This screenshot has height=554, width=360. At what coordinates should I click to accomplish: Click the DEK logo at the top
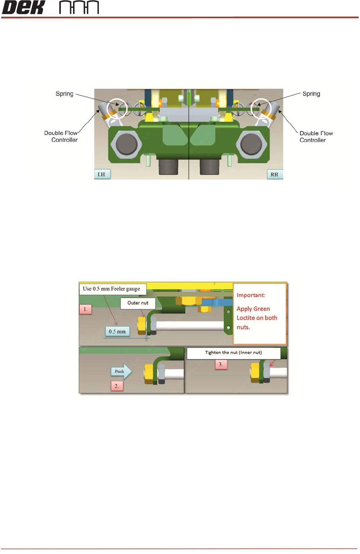tap(24, 7)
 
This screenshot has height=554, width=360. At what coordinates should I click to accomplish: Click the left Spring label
tap(65, 94)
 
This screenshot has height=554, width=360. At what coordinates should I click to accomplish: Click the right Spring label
tap(311, 94)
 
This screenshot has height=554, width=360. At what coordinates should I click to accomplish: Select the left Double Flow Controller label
tap(61, 136)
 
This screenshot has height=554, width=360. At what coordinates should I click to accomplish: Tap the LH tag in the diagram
tap(101, 174)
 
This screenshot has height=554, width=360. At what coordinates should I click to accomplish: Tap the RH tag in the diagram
tap(274, 174)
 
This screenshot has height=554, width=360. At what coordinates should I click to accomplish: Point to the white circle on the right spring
tap(261, 107)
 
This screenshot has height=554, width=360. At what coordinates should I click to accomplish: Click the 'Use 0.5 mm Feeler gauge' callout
tap(112, 289)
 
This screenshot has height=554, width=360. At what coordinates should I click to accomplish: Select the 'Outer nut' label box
tap(138, 303)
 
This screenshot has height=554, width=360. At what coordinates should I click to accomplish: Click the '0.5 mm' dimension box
tap(117, 332)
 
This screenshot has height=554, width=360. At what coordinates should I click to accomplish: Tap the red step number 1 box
tap(85, 309)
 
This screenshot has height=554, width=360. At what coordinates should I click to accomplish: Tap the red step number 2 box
tap(116, 386)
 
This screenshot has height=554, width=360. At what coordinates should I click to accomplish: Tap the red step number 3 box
tap(221, 365)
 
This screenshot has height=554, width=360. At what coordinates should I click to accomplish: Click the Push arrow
tap(121, 371)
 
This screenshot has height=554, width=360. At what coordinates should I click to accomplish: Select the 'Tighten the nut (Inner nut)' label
tap(234, 353)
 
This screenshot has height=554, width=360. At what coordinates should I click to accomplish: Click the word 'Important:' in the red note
tap(251, 295)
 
